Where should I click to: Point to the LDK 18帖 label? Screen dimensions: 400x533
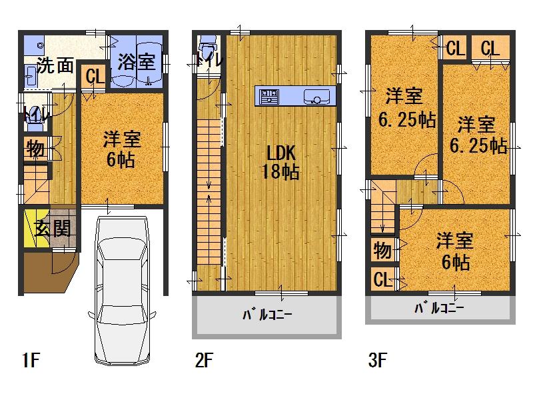(280, 161)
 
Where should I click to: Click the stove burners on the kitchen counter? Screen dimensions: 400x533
(269, 97)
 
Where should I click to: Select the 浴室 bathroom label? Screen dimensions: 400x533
(136, 63)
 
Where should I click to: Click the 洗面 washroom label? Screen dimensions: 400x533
(54, 65)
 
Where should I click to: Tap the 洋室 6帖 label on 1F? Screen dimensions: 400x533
(121, 150)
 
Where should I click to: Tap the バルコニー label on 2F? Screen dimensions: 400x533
(266, 314)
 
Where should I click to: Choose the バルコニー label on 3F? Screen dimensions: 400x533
(439, 308)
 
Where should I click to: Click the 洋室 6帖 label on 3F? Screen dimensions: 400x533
(455, 250)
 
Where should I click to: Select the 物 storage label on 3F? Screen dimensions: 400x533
(382, 251)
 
